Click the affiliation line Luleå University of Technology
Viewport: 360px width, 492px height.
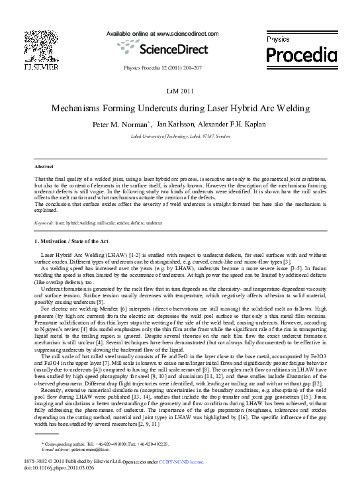[179, 135]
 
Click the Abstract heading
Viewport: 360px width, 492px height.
[44, 166]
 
